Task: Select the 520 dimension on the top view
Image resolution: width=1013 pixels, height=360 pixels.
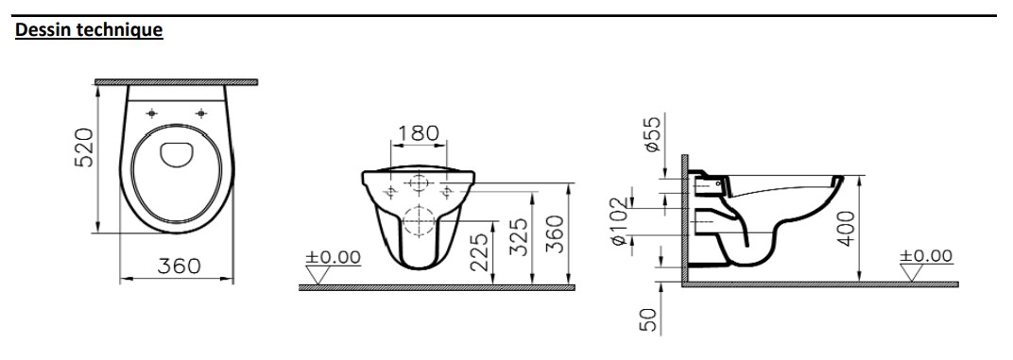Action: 85,147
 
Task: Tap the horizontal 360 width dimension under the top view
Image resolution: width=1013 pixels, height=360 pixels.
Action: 179,266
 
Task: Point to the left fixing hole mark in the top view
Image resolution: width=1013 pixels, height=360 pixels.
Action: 152,113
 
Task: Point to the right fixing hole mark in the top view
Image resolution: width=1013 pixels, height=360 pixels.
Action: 201,113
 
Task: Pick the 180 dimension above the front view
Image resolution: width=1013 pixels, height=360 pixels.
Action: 418,133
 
